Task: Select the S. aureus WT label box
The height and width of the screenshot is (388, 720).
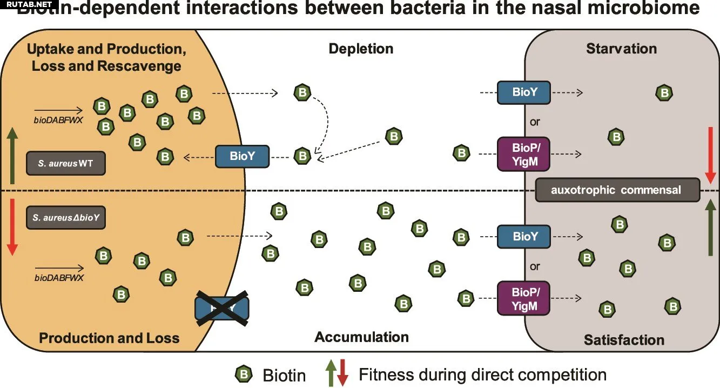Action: click(66, 163)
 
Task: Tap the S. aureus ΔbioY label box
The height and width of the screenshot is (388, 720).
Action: click(66, 218)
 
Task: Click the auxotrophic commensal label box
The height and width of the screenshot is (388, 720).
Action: click(617, 190)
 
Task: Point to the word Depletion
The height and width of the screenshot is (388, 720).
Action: click(361, 49)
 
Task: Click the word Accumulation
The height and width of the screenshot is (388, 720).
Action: click(361, 337)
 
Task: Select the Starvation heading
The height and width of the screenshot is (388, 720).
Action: click(621, 49)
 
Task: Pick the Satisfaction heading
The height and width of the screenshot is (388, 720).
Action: click(624, 340)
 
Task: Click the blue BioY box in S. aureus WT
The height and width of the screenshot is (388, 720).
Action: click(242, 157)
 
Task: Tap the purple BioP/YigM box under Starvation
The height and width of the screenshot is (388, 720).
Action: click(523, 153)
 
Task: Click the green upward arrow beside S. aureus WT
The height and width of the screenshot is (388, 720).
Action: click(13, 157)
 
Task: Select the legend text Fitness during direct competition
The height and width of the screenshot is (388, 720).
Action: click(482, 374)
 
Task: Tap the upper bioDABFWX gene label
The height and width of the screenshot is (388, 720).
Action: click(58, 120)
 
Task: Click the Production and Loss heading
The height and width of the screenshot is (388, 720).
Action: click(109, 338)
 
